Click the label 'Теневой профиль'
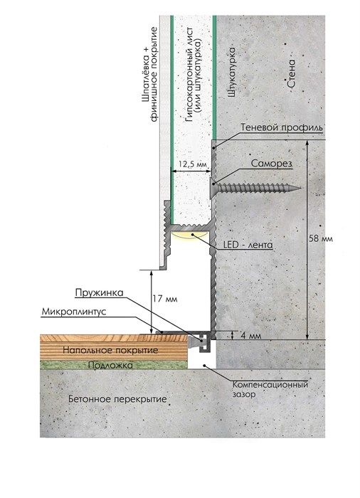point(282,127)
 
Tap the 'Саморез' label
point(271,164)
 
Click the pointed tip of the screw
point(300,189)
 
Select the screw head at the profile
point(212,188)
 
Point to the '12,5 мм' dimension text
point(192,164)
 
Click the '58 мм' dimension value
point(321,238)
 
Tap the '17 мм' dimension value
point(166,299)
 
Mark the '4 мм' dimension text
point(250,335)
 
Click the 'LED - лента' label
point(248,245)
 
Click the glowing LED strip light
point(190,235)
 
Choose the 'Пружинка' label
point(99,292)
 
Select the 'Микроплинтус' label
point(74,312)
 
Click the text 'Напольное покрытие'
point(110,350)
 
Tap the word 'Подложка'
point(110,365)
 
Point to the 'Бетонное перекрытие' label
point(117,399)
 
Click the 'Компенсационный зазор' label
point(270,389)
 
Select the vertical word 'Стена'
point(291,74)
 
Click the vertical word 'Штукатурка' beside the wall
point(232,73)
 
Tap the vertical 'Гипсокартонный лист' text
point(190,75)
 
